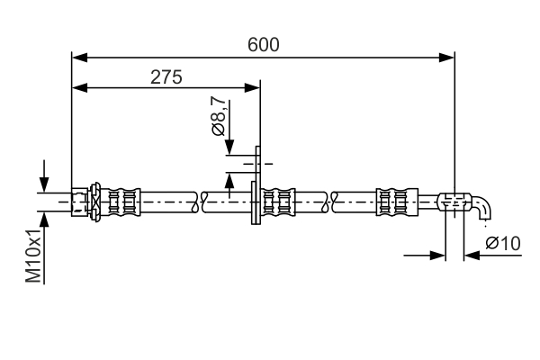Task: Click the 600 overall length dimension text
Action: [263, 44]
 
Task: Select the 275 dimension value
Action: [166, 76]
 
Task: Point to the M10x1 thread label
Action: [33, 256]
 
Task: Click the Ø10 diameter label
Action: [503, 242]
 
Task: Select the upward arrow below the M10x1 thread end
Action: [42, 220]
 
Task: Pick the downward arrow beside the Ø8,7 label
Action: [231, 148]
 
